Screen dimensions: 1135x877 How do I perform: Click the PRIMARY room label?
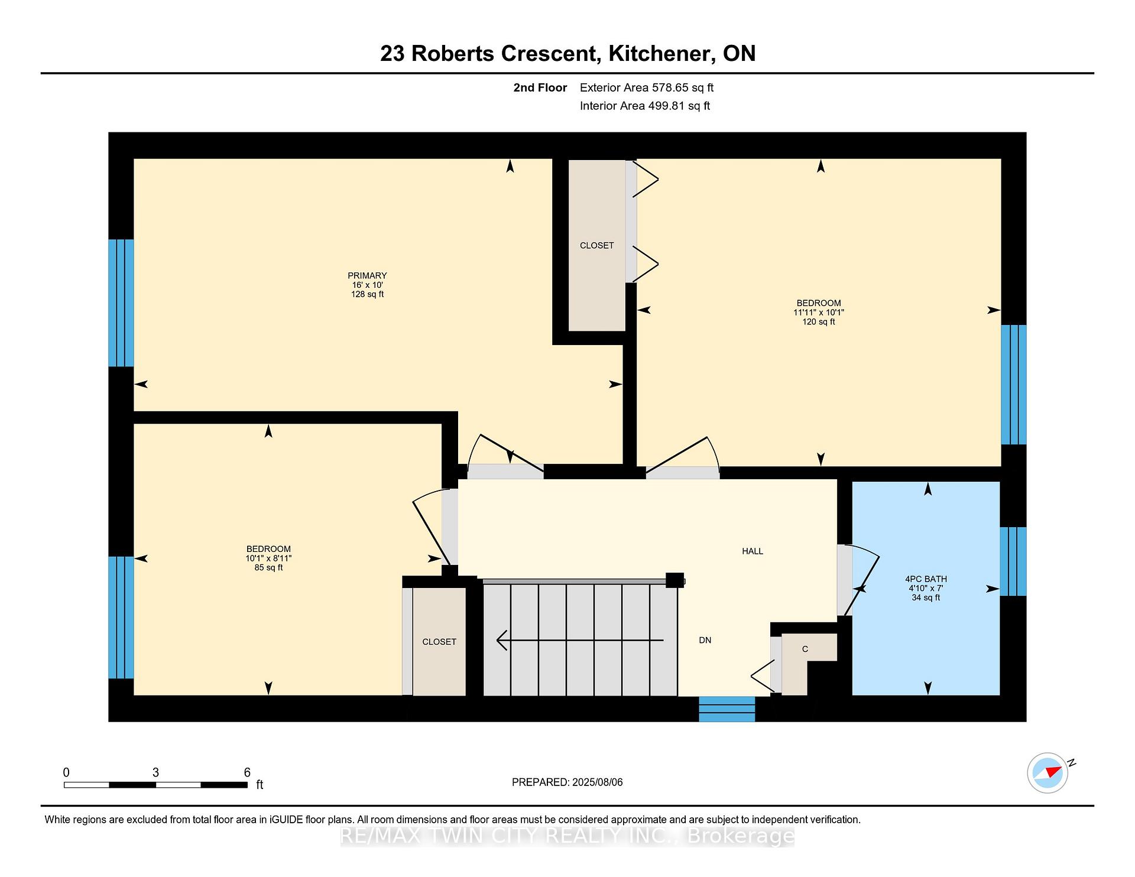point(367,275)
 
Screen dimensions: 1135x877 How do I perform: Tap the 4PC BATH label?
point(926,579)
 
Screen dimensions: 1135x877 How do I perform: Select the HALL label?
point(753,551)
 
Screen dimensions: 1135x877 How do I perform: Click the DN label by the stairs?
point(705,640)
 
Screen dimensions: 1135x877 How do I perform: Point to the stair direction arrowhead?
point(502,640)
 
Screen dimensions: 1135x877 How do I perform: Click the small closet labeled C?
point(805,649)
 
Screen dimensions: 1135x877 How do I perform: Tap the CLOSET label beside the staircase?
point(439,642)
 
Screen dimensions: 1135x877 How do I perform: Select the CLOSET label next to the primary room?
point(596,245)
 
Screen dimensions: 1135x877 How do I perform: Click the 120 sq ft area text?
point(819,322)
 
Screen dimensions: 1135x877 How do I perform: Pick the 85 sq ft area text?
point(268,568)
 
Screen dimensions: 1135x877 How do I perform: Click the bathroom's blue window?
point(1013,561)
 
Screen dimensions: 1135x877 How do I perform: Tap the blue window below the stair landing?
point(727,709)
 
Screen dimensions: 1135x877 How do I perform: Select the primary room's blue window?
point(121,303)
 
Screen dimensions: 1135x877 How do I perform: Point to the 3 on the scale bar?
point(155,772)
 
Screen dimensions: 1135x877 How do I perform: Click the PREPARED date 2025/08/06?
point(598,782)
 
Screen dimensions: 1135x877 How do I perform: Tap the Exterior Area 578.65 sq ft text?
point(647,88)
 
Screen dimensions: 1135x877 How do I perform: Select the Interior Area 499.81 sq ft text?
point(645,106)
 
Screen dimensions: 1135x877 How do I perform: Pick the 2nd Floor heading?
point(540,88)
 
